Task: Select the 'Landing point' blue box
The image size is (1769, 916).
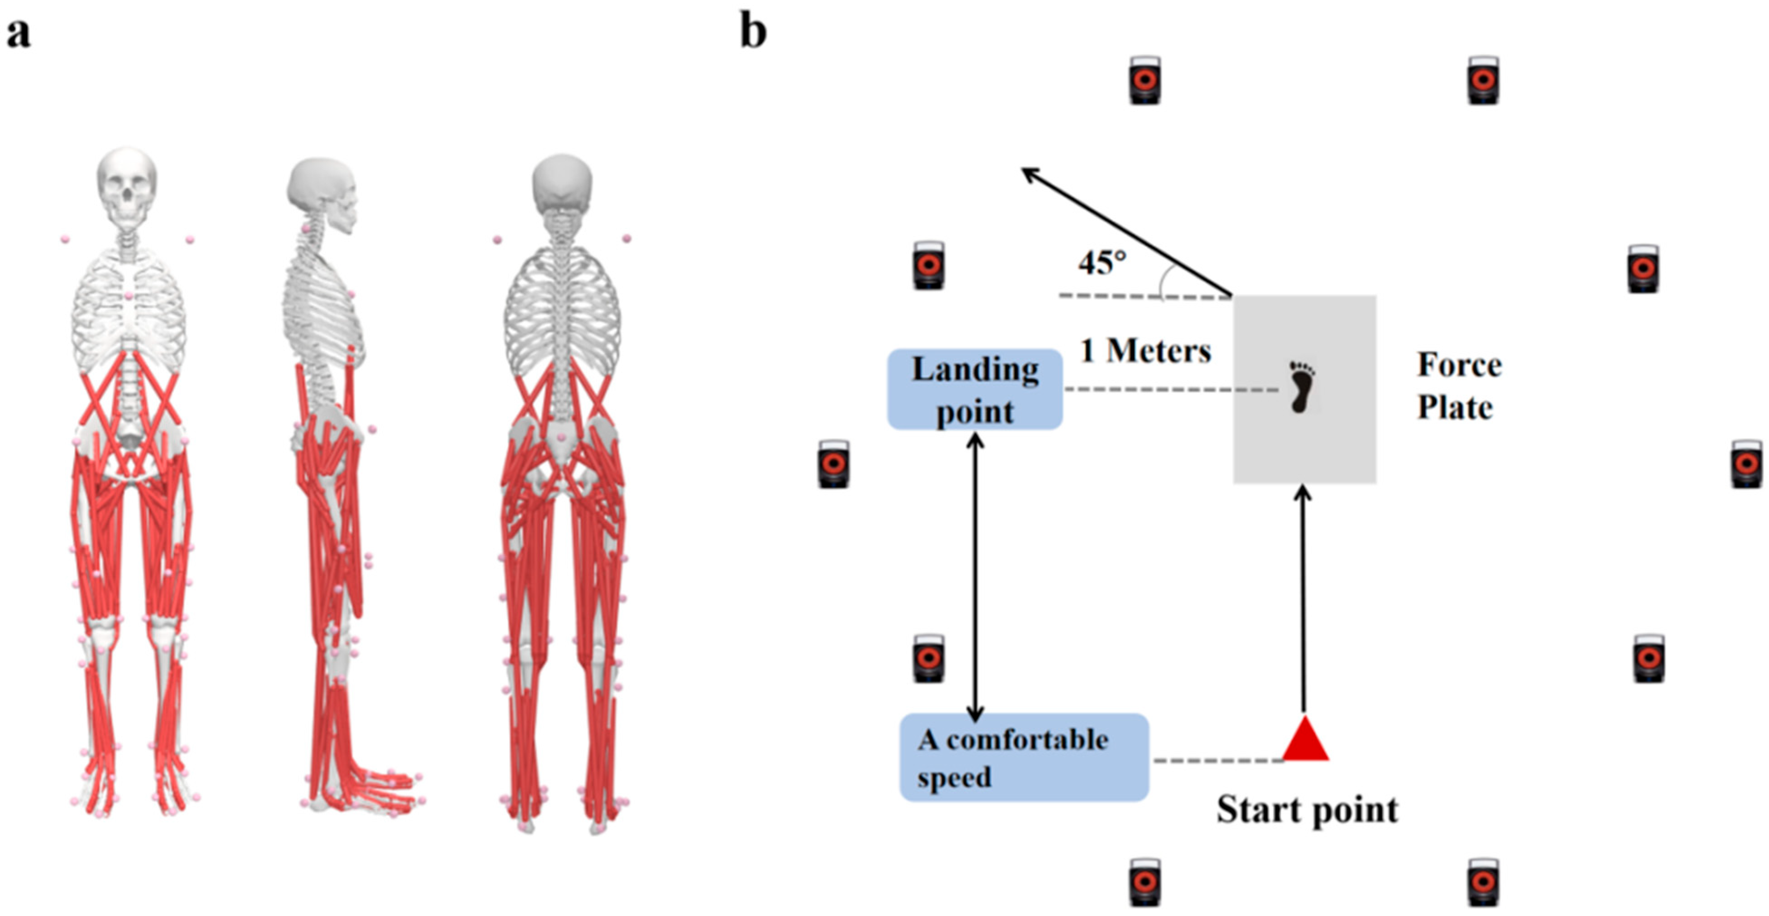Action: pyautogui.click(x=975, y=389)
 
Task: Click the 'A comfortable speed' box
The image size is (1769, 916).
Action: pyautogui.click(x=1023, y=757)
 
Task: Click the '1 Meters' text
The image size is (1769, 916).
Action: pyautogui.click(x=1145, y=351)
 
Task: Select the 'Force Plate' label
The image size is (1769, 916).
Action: pyautogui.click(x=1459, y=386)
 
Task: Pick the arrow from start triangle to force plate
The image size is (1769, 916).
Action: pyautogui.click(x=1303, y=598)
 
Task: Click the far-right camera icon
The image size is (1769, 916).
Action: pyautogui.click(x=1745, y=465)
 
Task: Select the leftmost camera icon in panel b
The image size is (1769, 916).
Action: pyautogui.click(x=833, y=465)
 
